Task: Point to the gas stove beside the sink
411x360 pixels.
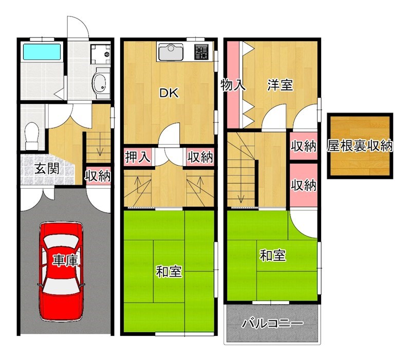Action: click(201, 51)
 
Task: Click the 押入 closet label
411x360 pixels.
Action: click(138, 157)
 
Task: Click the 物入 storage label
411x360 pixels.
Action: click(233, 85)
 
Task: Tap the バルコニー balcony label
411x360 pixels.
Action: click(272, 324)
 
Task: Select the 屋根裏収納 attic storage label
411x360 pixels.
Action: click(360, 146)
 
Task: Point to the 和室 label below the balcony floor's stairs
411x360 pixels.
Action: click(273, 255)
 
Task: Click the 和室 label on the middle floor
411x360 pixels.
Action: click(169, 271)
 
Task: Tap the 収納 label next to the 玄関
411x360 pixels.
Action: click(98, 176)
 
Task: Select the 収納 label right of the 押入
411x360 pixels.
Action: click(200, 157)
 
